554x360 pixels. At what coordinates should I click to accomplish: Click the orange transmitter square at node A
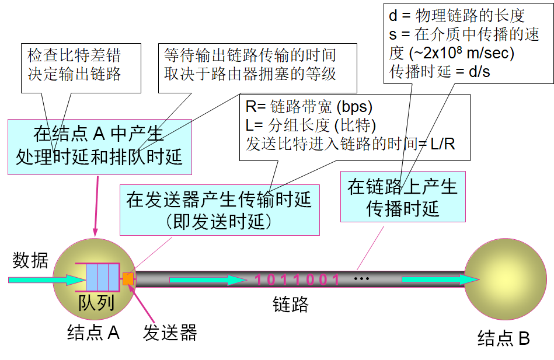(x=128, y=279)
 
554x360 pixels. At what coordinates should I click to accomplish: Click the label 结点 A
(x=93, y=333)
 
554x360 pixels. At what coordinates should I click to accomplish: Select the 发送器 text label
(x=170, y=333)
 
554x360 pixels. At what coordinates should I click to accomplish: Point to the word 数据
(x=30, y=261)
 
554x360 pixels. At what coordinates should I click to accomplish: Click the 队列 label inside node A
(x=96, y=303)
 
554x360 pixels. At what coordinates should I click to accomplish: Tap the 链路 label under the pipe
(x=290, y=304)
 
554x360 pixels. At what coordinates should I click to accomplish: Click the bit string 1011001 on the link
(x=297, y=279)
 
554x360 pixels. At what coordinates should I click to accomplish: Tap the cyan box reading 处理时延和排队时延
(x=99, y=146)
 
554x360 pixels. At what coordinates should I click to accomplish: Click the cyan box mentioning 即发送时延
(x=219, y=209)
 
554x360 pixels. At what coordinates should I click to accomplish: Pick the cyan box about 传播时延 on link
(x=402, y=197)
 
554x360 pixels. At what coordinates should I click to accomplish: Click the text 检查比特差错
(x=74, y=56)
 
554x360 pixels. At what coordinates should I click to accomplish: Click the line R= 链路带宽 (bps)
(x=309, y=107)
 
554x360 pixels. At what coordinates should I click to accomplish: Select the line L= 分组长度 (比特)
(x=311, y=125)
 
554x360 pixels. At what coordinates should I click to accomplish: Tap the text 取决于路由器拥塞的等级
(x=250, y=75)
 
